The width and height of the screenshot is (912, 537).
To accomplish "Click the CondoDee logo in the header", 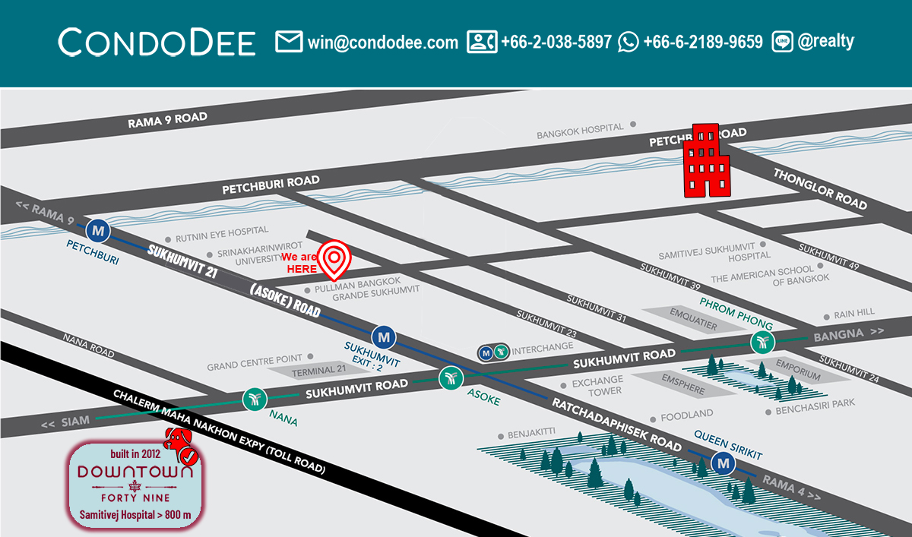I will coord(157,42).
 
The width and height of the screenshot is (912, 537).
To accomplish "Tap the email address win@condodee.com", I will coord(382,42).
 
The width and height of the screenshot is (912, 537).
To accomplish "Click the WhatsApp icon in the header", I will coord(629,42).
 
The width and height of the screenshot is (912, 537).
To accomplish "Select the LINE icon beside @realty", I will coord(783,42).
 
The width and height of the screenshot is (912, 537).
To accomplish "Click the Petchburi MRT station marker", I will coord(97,229).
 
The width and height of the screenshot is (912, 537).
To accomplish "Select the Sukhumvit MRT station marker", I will coord(384,335).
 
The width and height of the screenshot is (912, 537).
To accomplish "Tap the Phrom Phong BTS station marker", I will coord(762,343).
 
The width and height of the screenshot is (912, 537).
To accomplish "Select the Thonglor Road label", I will coord(819,188).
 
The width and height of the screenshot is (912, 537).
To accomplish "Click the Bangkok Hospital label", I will coord(580,131).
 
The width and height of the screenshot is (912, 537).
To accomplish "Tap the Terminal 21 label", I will coord(314,371).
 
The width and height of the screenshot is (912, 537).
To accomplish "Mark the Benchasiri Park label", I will coord(815,411).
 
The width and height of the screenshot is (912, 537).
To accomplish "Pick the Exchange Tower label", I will coord(597,385).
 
